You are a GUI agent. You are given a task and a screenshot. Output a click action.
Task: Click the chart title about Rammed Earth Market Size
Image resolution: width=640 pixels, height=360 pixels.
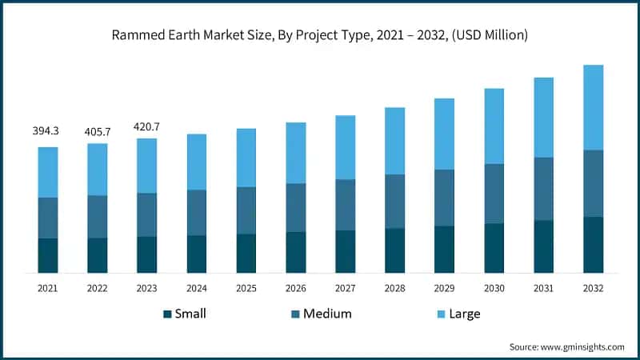(x=320, y=35)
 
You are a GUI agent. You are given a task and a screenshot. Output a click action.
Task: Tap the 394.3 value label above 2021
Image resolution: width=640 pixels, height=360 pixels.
(x=47, y=130)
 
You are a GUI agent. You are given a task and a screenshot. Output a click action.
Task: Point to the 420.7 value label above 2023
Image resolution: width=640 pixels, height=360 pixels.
(x=146, y=126)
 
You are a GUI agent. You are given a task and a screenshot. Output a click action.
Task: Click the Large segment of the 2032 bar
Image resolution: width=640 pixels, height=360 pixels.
(x=593, y=107)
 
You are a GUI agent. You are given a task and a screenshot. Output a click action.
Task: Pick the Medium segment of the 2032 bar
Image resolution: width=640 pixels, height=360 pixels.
(x=593, y=183)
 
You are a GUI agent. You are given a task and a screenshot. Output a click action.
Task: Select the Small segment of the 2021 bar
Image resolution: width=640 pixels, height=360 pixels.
(x=48, y=255)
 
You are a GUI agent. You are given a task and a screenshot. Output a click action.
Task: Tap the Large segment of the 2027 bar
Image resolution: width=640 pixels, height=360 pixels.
(x=345, y=147)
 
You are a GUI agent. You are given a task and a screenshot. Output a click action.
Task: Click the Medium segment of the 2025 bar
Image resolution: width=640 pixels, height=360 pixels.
(x=246, y=210)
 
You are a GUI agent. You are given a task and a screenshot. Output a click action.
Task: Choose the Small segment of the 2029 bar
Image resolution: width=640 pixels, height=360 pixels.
(x=444, y=249)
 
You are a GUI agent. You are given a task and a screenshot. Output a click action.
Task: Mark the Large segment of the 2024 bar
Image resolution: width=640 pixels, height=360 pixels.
(x=196, y=162)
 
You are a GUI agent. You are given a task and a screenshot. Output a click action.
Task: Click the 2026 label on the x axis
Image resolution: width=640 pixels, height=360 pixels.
(x=295, y=287)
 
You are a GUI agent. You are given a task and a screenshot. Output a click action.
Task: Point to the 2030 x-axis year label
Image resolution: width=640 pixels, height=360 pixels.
(x=494, y=287)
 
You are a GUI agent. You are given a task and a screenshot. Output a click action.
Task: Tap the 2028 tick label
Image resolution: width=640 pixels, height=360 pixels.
(x=394, y=287)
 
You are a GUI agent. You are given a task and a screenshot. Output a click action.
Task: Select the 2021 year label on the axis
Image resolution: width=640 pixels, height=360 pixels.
(x=48, y=287)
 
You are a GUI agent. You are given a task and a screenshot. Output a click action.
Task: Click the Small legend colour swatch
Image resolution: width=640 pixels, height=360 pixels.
(x=167, y=314)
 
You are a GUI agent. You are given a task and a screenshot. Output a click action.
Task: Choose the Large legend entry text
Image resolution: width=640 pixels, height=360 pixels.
(x=464, y=314)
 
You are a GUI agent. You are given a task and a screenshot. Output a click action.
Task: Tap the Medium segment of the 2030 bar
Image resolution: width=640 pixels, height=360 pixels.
(x=494, y=194)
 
